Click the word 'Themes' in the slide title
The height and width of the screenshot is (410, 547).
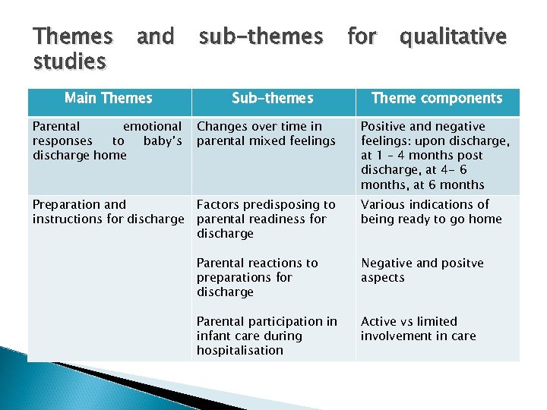click(73, 36)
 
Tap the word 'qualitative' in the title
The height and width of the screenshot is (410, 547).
click(453, 36)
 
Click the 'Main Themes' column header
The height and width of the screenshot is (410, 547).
click(109, 98)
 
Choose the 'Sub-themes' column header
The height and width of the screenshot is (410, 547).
click(272, 98)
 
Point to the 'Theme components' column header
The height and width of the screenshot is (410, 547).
click(437, 98)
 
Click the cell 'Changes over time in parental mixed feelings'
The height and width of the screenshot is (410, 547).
click(266, 134)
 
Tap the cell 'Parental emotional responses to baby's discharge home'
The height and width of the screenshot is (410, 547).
click(107, 140)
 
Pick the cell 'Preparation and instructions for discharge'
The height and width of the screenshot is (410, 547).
click(107, 212)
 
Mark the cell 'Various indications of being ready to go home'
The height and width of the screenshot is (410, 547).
click(431, 212)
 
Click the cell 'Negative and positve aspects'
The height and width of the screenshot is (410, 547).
click(422, 270)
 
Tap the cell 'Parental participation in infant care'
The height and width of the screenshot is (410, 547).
click(267, 336)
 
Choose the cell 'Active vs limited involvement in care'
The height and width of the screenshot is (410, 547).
click(419, 329)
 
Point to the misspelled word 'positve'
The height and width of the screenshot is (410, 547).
click(458, 263)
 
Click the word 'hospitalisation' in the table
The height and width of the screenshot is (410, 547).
click(239, 350)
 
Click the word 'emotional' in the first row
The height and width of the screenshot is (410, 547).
click(152, 126)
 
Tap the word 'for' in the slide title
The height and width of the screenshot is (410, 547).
click(362, 36)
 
